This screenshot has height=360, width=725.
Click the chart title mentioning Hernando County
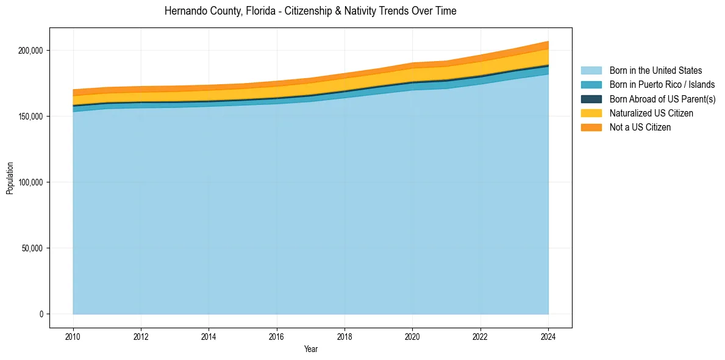pyautogui.click(x=310, y=11)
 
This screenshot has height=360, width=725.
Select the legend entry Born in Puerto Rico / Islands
pyautogui.click(x=662, y=85)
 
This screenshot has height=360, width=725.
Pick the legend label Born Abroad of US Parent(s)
pyautogui.click(x=662, y=99)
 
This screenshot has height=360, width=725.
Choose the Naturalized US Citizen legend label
pyautogui.click(x=651, y=113)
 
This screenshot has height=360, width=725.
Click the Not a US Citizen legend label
pyautogui.click(x=640, y=127)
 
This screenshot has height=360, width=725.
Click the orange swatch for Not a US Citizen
pyautogui.click(x=591, y=127)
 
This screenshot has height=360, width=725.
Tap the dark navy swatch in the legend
pyautogui.click(x=591, y=99)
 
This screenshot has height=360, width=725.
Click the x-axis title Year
pyautogui.click(x=310, y=349)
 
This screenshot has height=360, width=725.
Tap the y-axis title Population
pyautogui.click(x=10, y=178)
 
